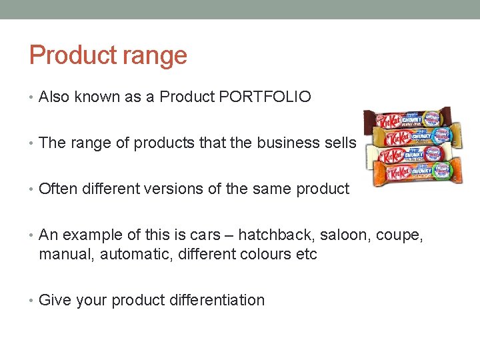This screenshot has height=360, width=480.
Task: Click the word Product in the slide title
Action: [64, 55]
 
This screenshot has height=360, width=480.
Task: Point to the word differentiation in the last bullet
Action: [213, 300]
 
